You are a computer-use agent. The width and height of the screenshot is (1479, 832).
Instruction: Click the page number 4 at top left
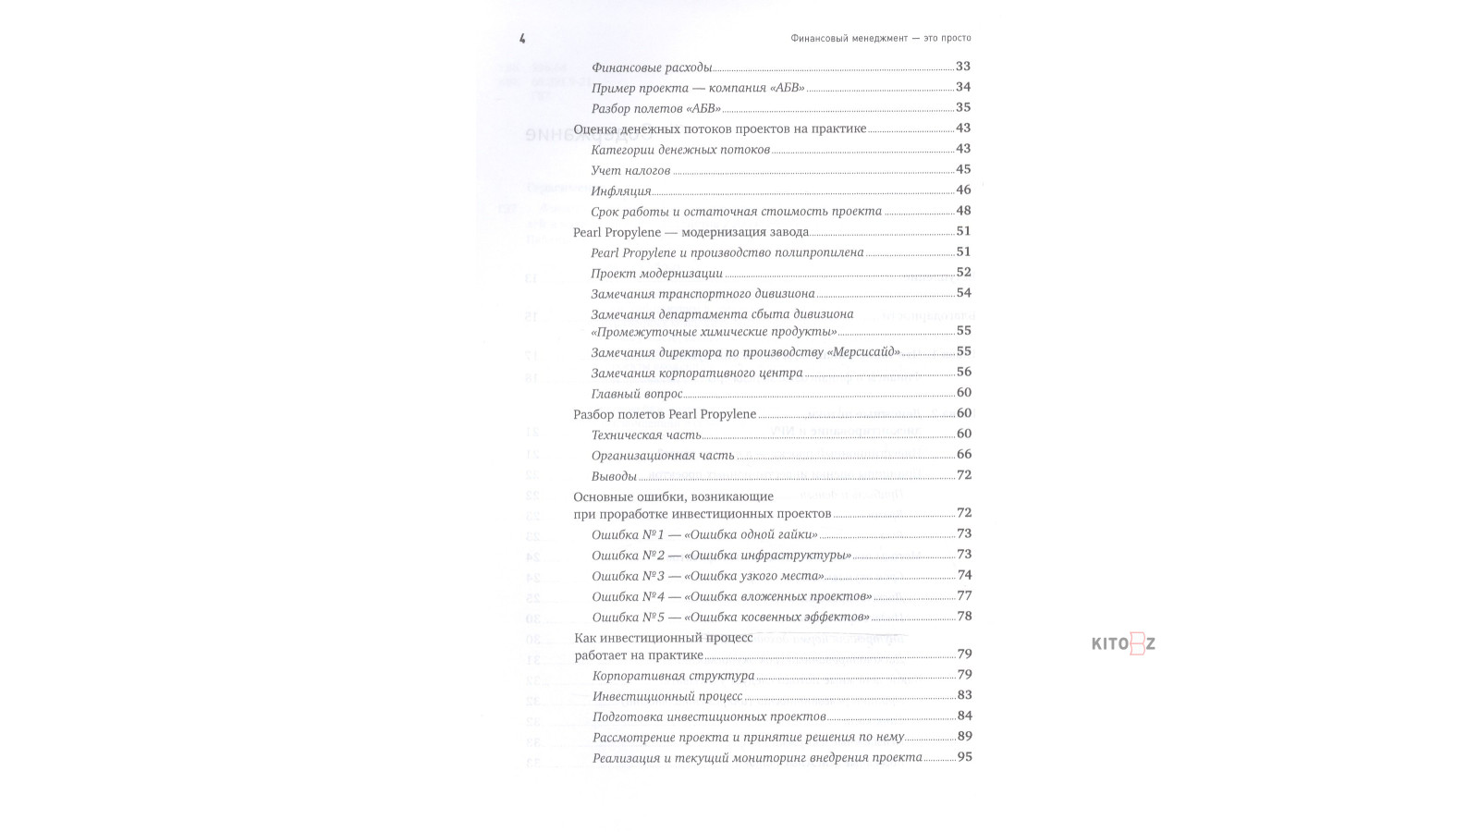coord(522,39)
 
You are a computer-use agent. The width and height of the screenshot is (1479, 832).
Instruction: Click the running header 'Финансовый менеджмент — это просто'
coord(881,39)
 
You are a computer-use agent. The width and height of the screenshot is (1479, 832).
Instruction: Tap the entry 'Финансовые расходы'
coord(652,67)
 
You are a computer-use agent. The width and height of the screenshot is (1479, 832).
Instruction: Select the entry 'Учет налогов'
coord(630,170)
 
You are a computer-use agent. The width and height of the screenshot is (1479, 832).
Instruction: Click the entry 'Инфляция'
coord(621,191)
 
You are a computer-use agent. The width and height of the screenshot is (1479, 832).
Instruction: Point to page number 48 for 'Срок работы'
coord(963,211)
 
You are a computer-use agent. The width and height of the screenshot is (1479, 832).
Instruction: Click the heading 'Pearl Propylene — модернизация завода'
coord(691,232)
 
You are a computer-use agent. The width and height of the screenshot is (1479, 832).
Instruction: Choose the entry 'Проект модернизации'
coord(656,274)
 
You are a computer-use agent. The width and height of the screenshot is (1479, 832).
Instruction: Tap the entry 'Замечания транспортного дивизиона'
coord(703,294)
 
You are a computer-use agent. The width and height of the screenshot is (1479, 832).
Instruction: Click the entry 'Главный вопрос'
coord(637,394)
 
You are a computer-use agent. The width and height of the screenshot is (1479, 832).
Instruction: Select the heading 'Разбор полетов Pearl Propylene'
coord(665,414)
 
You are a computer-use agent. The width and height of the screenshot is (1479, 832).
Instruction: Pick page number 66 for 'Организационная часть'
coord(963,454)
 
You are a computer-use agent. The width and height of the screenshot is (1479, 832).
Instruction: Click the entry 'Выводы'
coord(614,476)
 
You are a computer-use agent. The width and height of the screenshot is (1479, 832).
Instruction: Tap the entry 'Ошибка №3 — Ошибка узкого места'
coord(708,576)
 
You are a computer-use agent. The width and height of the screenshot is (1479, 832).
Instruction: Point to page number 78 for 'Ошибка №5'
coord(963,617)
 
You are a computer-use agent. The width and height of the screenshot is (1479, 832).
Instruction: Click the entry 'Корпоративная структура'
coord(673,676)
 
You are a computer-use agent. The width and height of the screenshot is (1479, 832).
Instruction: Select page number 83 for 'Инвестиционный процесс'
coord(964,695)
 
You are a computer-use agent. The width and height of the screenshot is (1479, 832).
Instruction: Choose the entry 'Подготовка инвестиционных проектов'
coord(709,716)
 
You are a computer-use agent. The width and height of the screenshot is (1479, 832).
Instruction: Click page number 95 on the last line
coord(964,757)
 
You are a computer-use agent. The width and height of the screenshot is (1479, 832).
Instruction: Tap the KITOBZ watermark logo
coord(1123,644)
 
